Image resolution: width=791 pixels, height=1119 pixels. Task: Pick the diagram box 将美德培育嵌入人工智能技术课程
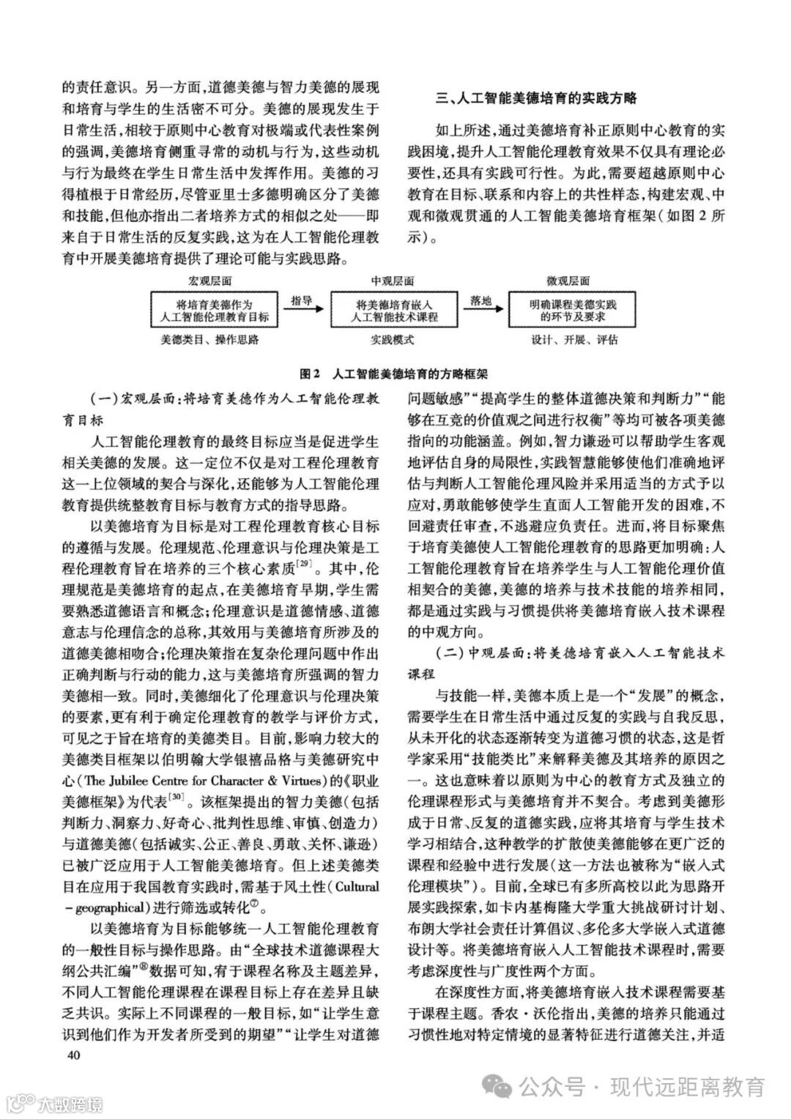393,311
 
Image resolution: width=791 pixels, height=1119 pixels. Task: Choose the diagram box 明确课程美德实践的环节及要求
573,311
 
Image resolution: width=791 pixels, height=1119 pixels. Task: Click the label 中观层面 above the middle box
393,281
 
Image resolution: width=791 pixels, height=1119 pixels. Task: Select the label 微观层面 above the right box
568,281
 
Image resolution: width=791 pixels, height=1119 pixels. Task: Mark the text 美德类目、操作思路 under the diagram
210,341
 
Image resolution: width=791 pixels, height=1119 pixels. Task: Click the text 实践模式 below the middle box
393,341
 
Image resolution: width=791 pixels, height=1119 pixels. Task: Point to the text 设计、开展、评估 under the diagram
574,341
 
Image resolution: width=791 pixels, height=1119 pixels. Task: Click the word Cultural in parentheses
356,886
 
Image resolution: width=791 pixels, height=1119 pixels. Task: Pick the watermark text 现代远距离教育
688,1085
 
